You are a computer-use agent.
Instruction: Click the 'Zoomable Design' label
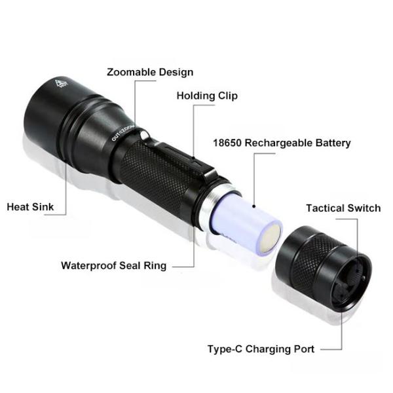(150, 72)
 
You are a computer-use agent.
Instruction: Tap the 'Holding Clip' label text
(207, 96)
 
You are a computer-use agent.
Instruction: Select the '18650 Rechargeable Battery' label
(282, 143)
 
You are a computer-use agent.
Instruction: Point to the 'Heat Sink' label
(30, 207)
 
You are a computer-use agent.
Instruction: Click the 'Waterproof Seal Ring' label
(114, 266)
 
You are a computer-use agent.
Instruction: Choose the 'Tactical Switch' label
(343, 208)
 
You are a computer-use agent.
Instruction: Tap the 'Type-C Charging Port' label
(261, 349)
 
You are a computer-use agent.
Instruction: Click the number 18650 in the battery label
(227, 143)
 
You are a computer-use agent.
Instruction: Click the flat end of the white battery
(270, 238)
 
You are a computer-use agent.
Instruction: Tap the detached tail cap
(324, 268)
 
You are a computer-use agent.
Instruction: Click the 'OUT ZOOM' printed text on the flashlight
(123, 132)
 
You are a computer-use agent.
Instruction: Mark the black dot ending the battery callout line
(254, 206)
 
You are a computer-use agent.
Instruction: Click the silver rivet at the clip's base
(145, 136)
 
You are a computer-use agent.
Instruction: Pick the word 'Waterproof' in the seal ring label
(88, 266)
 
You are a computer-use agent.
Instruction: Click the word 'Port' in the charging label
(304, 349)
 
